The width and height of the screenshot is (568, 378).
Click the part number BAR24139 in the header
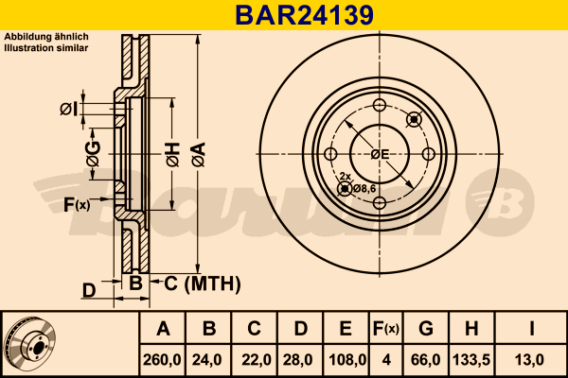[x=304, y=15]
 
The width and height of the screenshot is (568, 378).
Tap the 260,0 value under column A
[x=162, y=360]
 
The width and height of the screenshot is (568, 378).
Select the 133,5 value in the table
[x=471, y=360]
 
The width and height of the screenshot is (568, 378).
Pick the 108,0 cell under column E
[x=346, y=360]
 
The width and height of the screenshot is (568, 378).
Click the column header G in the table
[x=426, y=329]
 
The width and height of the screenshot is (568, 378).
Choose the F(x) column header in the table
[x=386, y=329]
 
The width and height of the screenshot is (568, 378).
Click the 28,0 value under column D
[x=298, y=360]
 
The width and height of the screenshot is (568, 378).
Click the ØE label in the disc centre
[x=380, y=155]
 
